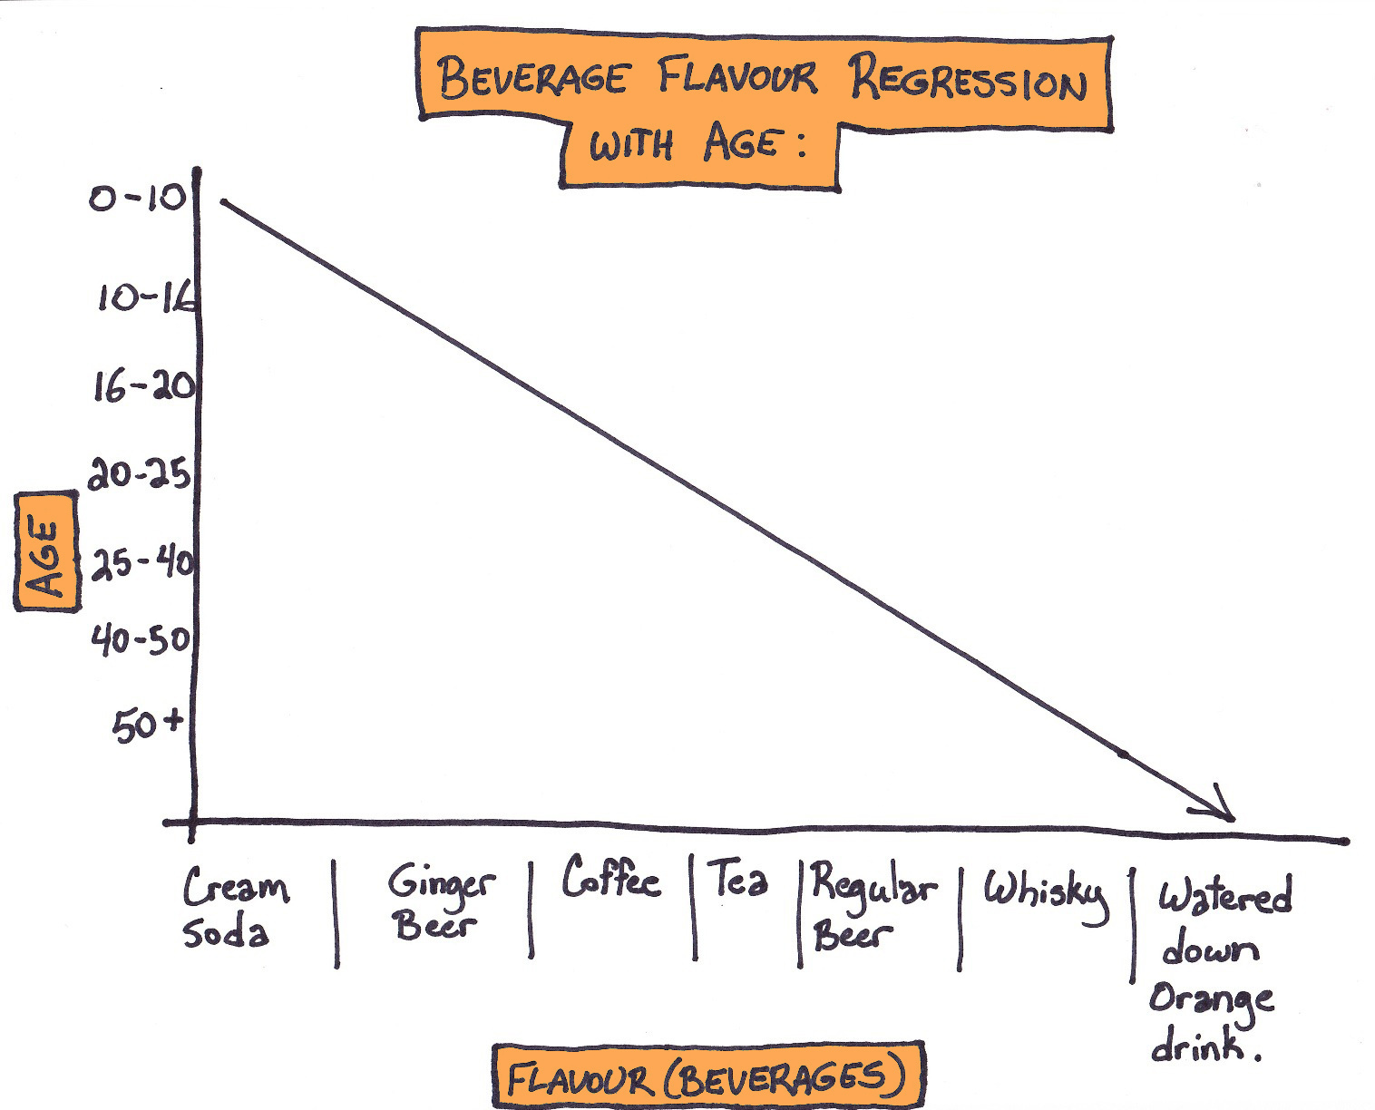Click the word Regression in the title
click(x=968, y=83)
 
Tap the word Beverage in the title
click(x=532, y=78)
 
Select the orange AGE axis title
click(x=45, y=550)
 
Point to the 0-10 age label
click(x=137, y=198)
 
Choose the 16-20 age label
click(x=143, y=387)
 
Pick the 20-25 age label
click(x=140, y=473)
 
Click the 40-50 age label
click(x=140, y=641)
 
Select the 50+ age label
click(x=148, y=725)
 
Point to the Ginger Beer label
click(x=441, y=903)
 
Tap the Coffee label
click(x=610, y=879)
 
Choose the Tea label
click(x=738, y=879)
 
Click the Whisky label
click(x=1046, y=893)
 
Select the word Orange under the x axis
click(x=1211, y=999)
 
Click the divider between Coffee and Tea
click(x=694, y=907)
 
